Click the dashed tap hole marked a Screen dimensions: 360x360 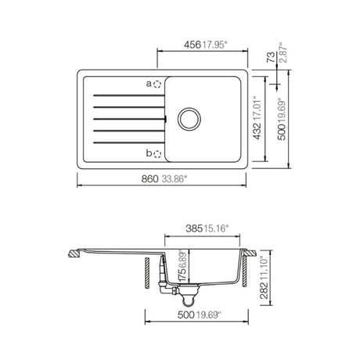[x=157, y=85]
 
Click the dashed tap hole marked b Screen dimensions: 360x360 [x=157, y=154]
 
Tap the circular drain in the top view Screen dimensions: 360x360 [x=189, y=119]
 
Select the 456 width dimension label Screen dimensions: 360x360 [x=193, y=45]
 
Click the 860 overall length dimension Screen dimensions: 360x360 [x=149, y=179]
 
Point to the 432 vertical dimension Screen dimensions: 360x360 [x=257, y=131]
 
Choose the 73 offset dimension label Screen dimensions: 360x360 [x=271, y=57]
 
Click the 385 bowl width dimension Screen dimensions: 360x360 [x=194, y=229]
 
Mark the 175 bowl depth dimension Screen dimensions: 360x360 [x=183, y=274]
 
